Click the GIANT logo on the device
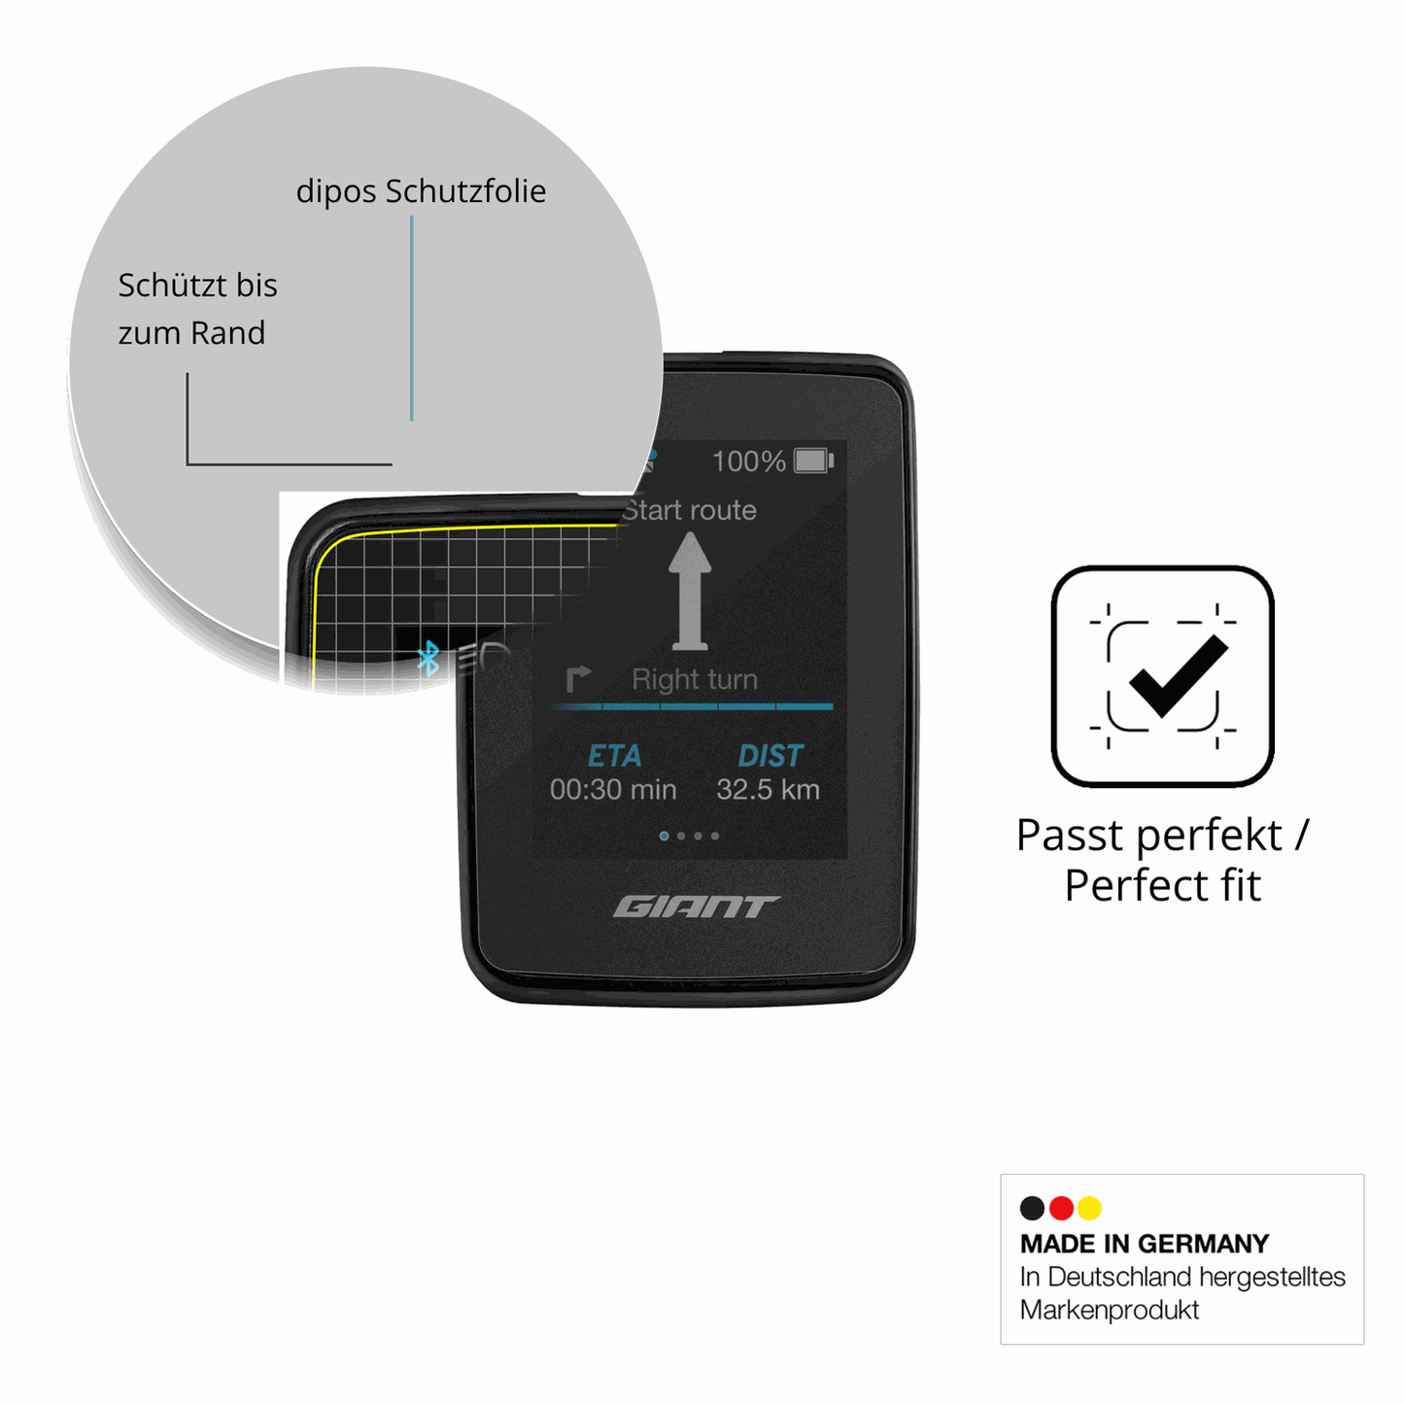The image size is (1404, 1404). coord(696,907)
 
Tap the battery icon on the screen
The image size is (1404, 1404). coord(814,462)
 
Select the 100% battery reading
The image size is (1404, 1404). coord(749,462)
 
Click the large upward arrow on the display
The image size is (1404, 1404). coord(689,591)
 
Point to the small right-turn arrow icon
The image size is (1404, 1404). coord(578,679)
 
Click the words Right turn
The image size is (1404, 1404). coord(695,679)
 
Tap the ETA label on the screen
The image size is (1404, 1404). coord(614,756)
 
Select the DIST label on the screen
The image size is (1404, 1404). coord(770,756)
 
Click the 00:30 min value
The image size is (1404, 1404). coord(613,790)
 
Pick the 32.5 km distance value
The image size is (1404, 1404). coord(768,790)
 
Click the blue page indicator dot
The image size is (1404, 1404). coord(664,836)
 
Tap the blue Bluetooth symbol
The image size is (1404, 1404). coord(428,657)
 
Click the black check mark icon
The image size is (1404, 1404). coord(1179,674)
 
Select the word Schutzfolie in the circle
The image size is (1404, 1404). coord(465,191)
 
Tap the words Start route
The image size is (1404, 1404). coord(689,510)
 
